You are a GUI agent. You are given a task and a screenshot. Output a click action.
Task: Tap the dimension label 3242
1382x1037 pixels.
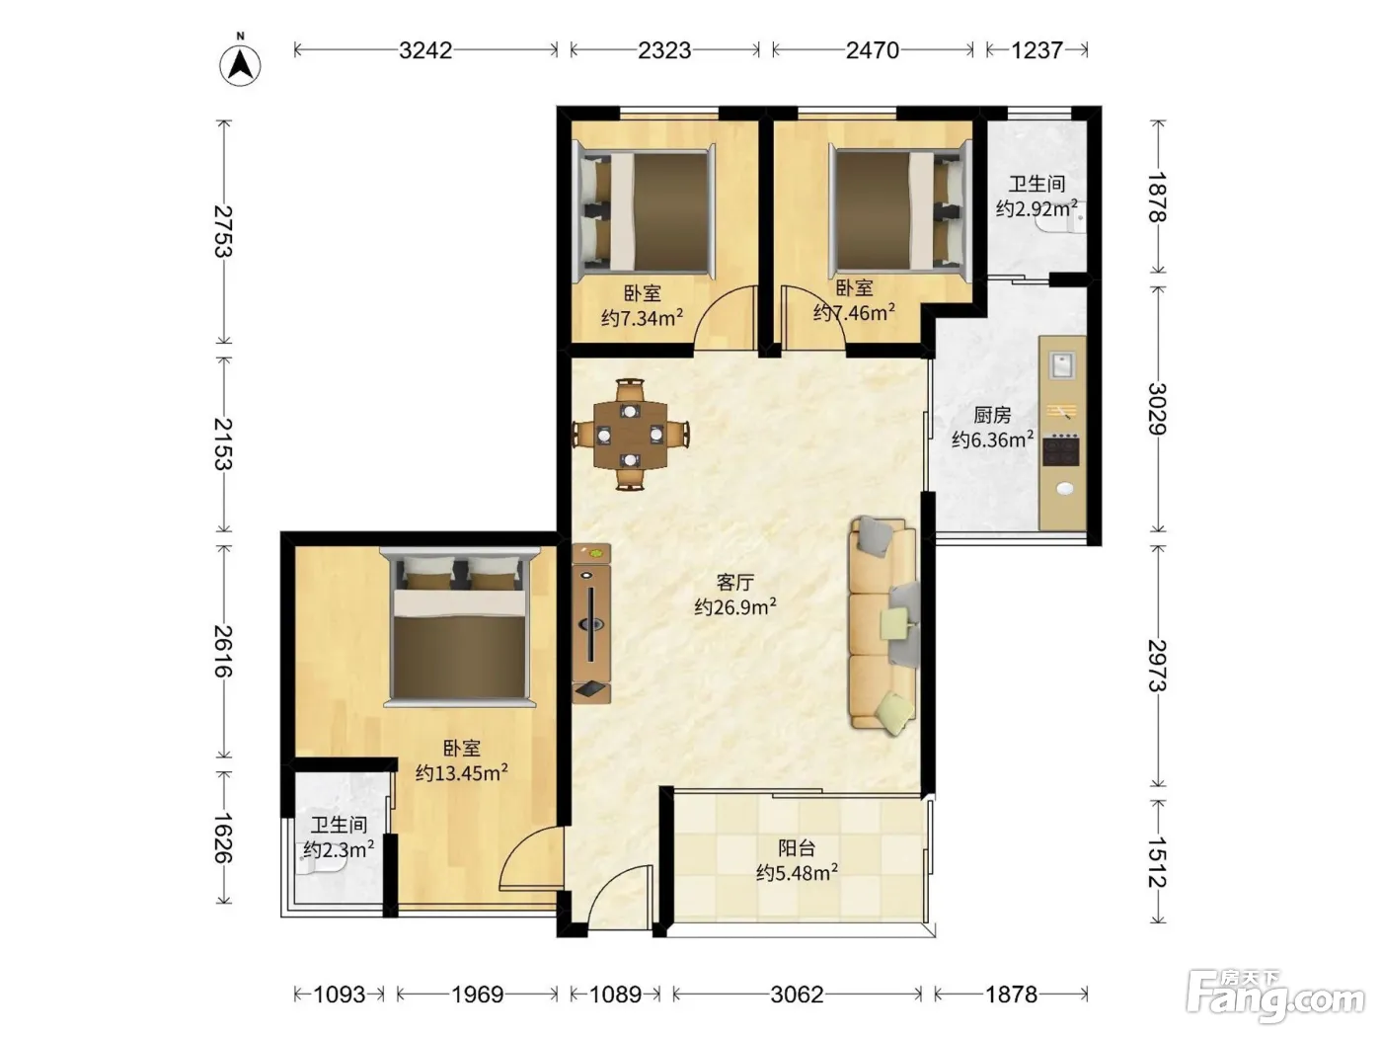(x=425, y=50)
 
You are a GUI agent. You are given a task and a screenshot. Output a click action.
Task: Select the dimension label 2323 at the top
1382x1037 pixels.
(x=664, y=50)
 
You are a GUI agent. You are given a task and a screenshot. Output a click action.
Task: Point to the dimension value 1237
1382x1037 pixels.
(x=1036, y=50)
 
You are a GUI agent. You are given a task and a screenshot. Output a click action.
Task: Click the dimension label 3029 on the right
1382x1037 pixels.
(x=1157, y=409)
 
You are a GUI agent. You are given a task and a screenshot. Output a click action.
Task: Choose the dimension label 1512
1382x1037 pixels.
(x=1157, y=861)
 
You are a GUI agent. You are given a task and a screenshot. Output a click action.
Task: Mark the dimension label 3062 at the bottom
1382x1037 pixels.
(x=797, y=995)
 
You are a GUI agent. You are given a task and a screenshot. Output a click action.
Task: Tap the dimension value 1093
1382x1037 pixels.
(x=340, y=995)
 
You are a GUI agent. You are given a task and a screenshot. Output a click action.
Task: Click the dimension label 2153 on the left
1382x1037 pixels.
(x=223, y=443)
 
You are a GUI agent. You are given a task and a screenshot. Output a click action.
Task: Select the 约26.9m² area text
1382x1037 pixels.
(x=735, y=606)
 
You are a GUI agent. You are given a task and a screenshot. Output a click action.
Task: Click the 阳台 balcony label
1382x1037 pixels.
(x=797, y=848)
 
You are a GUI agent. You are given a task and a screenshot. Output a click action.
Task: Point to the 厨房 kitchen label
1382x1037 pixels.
(x=992, y=415)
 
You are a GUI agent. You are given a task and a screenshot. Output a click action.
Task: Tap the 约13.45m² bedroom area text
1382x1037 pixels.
(x=462, y=772)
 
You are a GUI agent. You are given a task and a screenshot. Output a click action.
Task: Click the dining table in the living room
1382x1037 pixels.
(x=630, y=435)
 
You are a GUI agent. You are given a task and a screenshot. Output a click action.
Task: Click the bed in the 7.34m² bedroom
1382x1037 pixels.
(x=647, y=211)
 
